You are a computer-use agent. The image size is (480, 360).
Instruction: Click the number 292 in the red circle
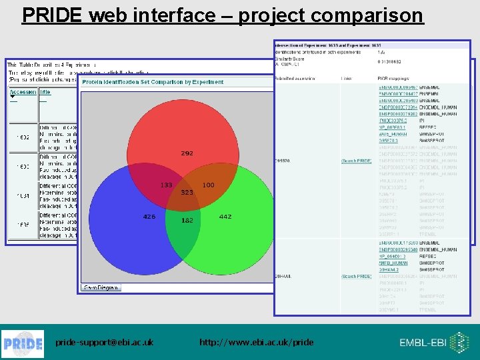[187, 153]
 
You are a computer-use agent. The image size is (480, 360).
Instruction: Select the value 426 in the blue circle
[149, 216]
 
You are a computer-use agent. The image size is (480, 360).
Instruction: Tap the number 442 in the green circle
[225, 216]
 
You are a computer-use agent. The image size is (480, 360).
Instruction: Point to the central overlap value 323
[187, 193]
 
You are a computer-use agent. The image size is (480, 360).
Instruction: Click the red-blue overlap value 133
[166, 185]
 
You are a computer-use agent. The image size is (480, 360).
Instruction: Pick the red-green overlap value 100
[208, 185]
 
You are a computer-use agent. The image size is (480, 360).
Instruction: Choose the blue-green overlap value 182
[187, 220]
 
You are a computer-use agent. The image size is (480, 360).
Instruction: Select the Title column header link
[45, 92]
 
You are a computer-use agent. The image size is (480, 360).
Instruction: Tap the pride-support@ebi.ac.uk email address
[104, 343]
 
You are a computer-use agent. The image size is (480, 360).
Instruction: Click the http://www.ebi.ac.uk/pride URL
[256, 343]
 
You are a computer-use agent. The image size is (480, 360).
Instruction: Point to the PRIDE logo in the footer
[24, 343]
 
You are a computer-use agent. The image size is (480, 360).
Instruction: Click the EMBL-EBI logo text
[424, 343]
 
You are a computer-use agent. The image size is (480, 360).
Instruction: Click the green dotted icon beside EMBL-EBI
[460, 342]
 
